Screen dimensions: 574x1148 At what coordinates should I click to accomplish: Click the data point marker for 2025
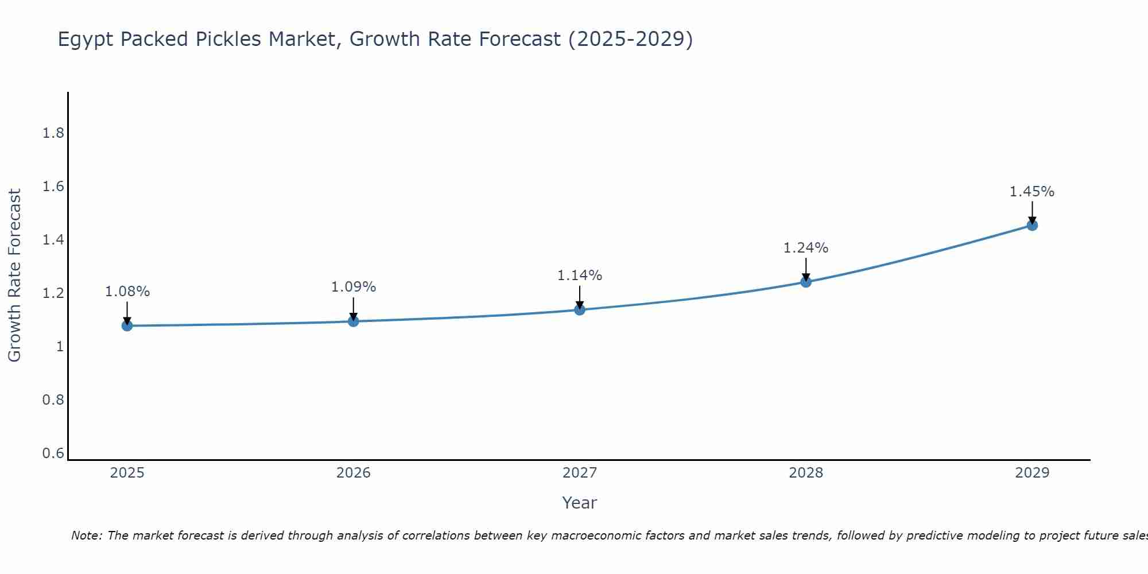[x=127, y=325]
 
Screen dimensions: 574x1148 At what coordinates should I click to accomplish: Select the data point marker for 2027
[x=580, y=310]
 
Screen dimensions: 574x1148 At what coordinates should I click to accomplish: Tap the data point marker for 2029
[x=1032, y=225]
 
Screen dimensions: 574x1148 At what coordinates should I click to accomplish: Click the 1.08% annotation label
[x=127, y=292]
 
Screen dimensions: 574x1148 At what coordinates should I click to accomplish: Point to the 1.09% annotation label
[x=354, y=287]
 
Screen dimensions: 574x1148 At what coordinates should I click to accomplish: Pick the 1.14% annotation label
[x=580, y=276]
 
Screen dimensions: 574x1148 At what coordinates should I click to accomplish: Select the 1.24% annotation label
[x=806, y=248]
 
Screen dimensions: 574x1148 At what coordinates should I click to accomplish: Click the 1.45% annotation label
[x=1032, y=192]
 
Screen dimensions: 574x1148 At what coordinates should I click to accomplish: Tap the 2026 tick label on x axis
[x=354, y=473]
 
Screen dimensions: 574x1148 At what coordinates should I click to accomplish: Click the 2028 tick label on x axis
[x=806, y=473]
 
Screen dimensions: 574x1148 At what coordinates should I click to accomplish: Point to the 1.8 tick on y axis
[x=53, y=133]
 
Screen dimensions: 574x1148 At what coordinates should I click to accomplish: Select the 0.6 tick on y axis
[x=53, y=453]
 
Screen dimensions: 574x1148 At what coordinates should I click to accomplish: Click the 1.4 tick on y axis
[x=53, y=240]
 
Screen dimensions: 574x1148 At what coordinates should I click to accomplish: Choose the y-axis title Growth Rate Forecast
[x=14, y=276]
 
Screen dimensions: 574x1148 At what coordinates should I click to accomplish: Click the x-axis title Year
[x=580, y=503]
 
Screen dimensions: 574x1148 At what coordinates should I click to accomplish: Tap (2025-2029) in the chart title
[x=630, y=39]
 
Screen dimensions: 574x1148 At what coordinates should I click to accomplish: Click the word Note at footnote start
[x=86, y=536]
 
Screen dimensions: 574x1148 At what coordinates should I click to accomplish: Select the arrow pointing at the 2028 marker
[x=806, y=270]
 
